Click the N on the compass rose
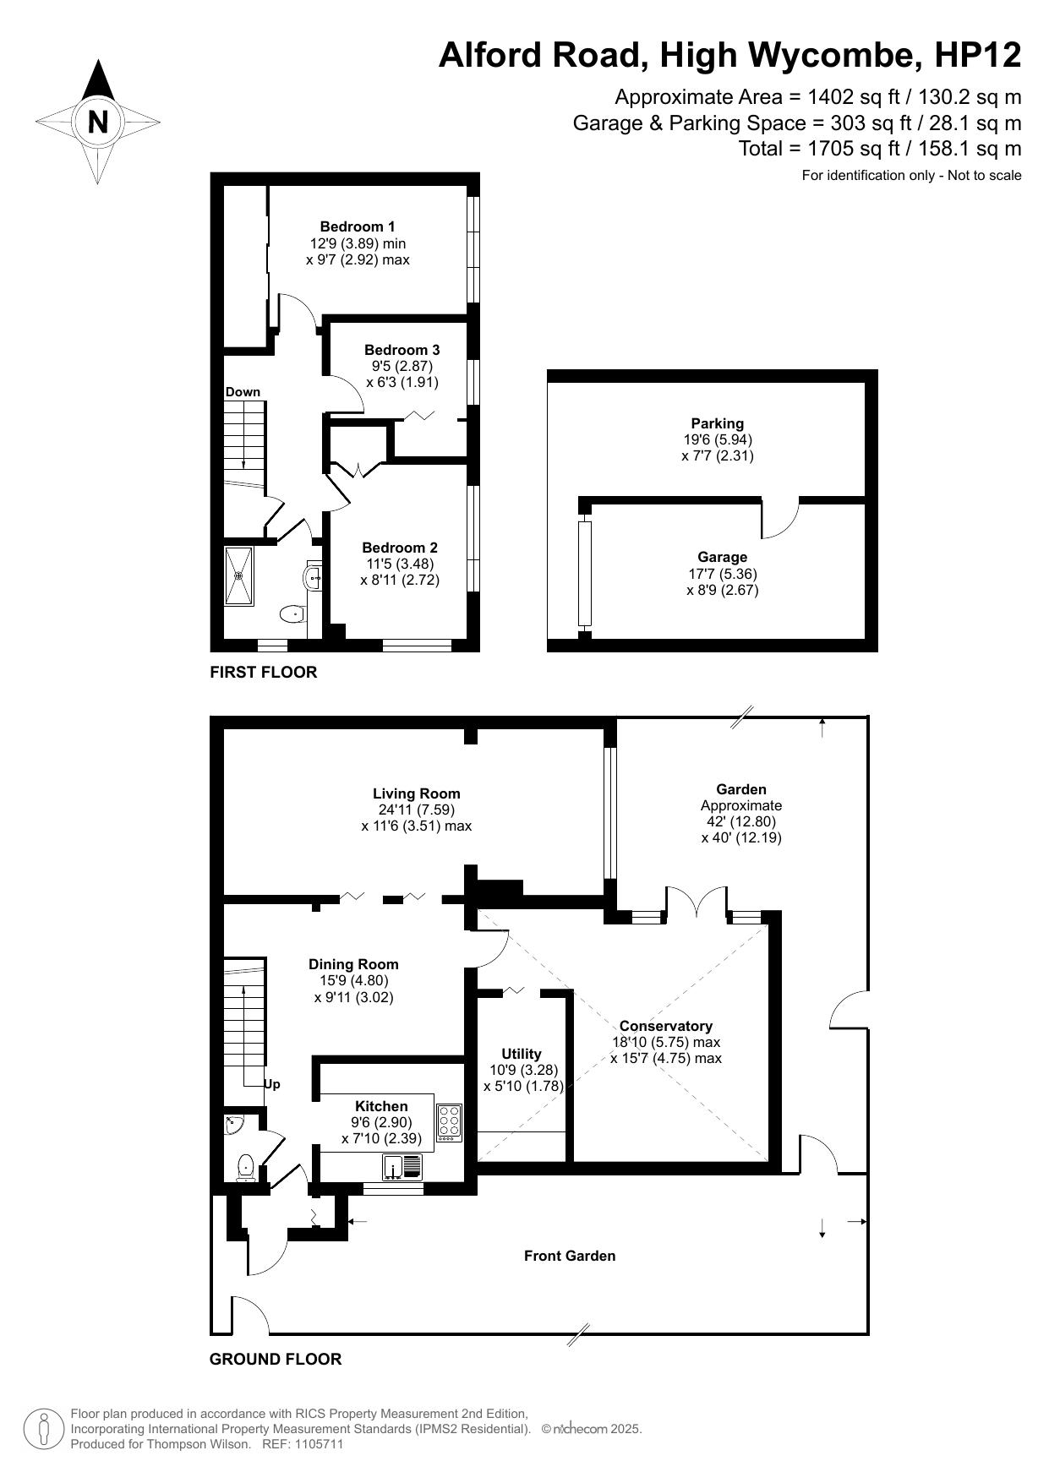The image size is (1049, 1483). click(98, 123)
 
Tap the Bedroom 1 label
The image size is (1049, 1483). click(358, 226)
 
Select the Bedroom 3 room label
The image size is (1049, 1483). click(402, 350)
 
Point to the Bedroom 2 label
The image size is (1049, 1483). click(400, 548)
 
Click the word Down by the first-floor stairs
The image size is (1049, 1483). click(243, 392)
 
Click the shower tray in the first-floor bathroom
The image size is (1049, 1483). click(239, 575)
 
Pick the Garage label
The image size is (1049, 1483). click(723, 557)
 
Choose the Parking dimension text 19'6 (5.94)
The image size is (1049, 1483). click(718, 439)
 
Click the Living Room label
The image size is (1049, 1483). click(417, 793)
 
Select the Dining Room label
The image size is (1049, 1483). click(353, 964)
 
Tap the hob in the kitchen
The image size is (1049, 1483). click(449, 1123)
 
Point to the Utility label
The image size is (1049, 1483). click(522, 1054)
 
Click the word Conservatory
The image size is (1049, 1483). click(665, 1026)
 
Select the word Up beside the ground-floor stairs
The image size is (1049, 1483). click(272, 1084)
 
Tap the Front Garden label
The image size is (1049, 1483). click(570, 1256)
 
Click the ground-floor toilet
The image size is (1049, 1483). click(246, 1168)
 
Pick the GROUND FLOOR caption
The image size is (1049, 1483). click(276, 1359)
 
